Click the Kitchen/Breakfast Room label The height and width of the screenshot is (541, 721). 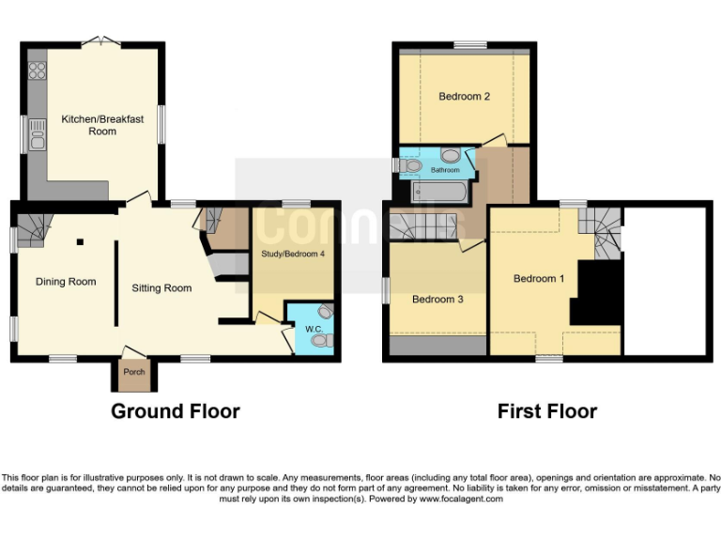pos(102,125)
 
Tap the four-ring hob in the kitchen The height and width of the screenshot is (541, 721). pos(38,71)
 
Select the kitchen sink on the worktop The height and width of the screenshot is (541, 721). pos(38,137)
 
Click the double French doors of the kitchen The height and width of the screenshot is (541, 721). pos(95,40)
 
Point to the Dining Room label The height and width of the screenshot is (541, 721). pos(66,281)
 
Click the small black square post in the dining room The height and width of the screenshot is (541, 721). pos(81,241)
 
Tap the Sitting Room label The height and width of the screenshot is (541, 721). pos(161,288)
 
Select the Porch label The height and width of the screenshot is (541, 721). pos(134,372)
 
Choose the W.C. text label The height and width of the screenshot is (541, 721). pos(313,328)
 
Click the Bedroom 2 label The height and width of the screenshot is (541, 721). pos(464,96)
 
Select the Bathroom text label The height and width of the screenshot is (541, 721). pos(445,170)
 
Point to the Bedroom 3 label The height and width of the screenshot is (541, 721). pos(437,300)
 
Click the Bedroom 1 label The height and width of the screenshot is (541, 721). pos(539,278)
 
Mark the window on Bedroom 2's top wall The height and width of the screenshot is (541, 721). pos(469,44)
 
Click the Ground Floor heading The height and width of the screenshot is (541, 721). pos(176,411)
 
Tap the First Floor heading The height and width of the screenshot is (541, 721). pos(547,411)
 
